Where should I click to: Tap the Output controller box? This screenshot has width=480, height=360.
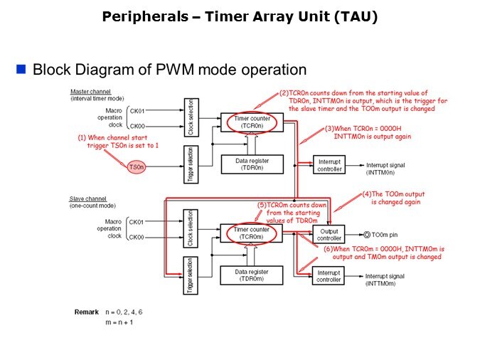coord(329,234)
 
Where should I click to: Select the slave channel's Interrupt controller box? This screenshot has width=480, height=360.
coord(329,276)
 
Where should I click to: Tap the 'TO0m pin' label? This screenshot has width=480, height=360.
coord(388,234)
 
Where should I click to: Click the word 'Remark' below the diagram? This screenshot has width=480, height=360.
coord(87,312)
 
